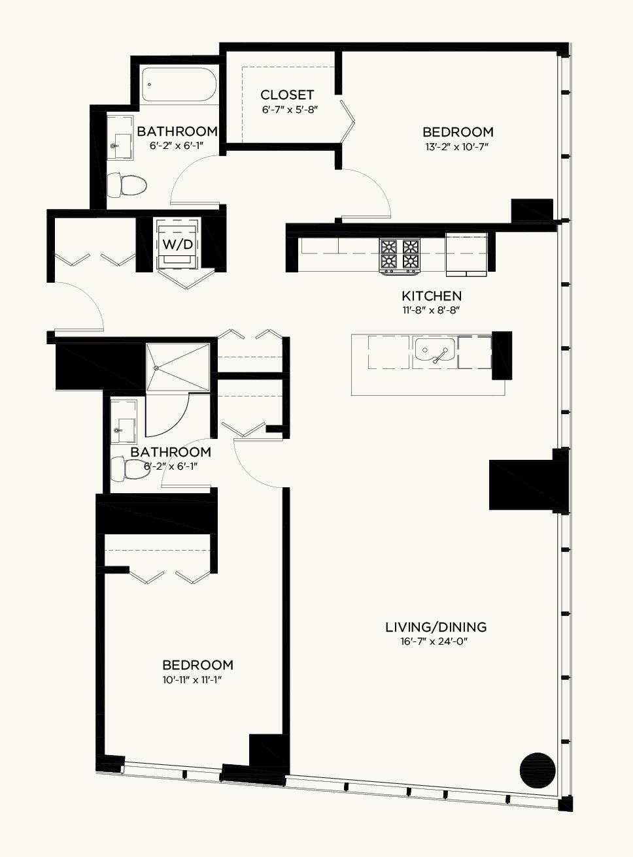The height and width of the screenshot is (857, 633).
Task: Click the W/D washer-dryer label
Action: point(178,244)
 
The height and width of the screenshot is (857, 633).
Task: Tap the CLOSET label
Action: point(286,95)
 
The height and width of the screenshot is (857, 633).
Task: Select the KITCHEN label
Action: point(432,296)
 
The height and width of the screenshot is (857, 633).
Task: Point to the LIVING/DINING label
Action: point(436,626)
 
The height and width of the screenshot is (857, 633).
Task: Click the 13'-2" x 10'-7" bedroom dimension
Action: point(458,147)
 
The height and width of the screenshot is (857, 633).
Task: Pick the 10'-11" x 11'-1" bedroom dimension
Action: point(192,680)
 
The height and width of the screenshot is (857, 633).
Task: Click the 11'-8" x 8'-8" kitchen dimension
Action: point(432,310)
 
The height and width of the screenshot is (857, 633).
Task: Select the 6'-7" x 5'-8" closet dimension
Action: point(290,110)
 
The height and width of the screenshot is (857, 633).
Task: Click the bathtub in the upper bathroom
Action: point(179,85)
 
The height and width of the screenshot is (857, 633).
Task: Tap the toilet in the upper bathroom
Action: point(127,184)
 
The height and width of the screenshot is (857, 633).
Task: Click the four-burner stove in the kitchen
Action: point(400,257)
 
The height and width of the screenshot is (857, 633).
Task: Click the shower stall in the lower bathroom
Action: point(178,368)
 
